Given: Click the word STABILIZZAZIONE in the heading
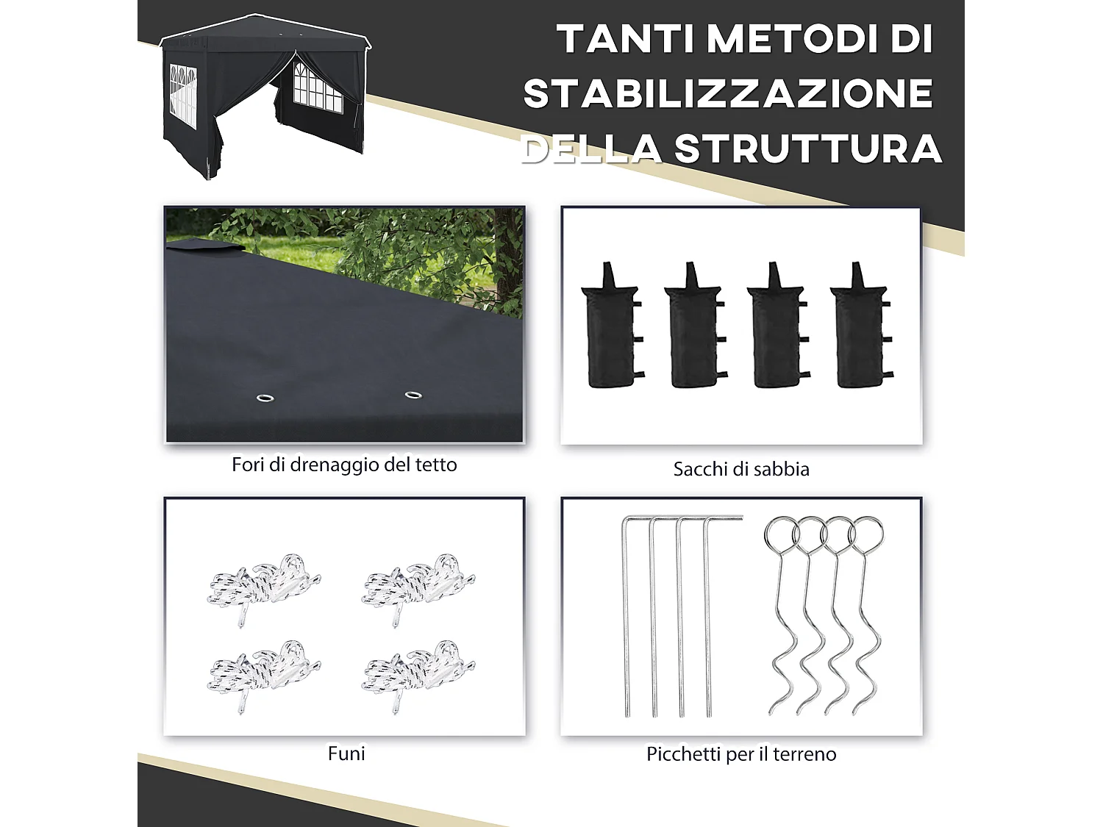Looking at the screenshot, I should (728, 94).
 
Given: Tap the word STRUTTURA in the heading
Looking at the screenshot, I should (808, 148).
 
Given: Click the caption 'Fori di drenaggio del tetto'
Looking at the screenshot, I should (344, 465).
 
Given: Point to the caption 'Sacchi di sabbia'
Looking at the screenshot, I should (741, 469).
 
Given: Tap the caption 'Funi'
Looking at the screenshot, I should (346, 753).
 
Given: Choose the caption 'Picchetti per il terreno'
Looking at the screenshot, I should (741, 754).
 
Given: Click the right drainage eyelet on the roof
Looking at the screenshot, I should (413, 395).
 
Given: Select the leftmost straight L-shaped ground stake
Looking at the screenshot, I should (626, 617).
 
